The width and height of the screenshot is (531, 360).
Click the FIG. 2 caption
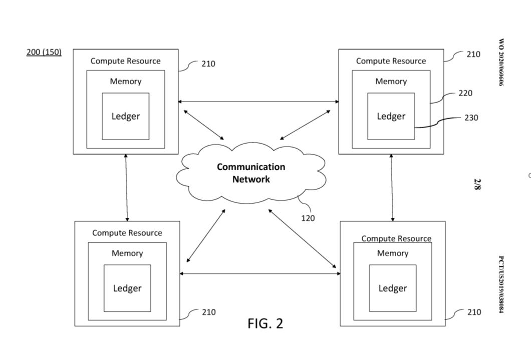(265, 323)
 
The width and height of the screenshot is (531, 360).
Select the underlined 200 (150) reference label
(44, 52)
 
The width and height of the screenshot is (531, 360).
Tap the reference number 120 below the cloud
(308, 218)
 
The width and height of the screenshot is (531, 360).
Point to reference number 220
(465, 93)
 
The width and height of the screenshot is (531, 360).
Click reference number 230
(471, 118)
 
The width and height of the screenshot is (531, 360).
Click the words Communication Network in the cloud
(251, 173)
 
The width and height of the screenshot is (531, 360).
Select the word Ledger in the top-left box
(126, 116)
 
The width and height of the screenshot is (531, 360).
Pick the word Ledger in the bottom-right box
(393, 288)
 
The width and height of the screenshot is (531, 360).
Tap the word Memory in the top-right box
(391, 81)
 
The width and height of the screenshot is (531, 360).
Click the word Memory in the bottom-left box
(127, 253)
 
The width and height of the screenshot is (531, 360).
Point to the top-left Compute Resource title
(125, 61)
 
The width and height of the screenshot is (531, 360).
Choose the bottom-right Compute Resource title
(396, 238)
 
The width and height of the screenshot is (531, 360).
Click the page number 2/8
(477, 184)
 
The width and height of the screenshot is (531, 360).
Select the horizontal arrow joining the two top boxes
(258, 102)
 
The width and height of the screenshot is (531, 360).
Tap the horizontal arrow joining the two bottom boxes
(260, 273)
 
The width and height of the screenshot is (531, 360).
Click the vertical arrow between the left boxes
(126, 188)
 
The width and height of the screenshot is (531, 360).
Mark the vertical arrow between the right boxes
(392, 188)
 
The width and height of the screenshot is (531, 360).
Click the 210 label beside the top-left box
(208, 64)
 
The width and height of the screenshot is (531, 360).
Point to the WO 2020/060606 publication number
(501, 62)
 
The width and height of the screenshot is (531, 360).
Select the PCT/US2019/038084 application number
(501, 284)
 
